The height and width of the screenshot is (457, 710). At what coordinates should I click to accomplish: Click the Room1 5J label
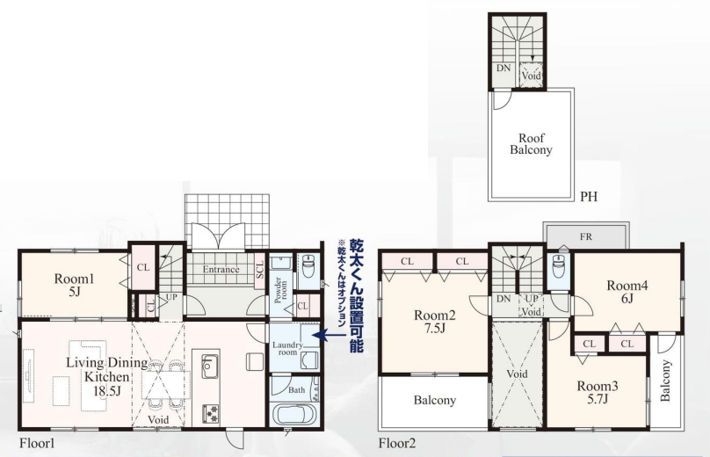(75, 285)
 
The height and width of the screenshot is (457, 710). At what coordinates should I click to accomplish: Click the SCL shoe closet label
(259, 270)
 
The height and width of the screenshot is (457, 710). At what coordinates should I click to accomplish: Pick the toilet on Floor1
(308, 266)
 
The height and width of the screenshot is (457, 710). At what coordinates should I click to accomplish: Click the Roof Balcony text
(531, 144)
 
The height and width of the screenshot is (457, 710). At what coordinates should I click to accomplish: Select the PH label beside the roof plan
(589, 197)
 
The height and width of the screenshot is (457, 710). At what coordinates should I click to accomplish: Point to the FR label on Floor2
(586, 236)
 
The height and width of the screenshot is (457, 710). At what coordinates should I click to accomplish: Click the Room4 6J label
(627, 292)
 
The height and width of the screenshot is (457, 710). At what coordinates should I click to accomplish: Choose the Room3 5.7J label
(598, 392)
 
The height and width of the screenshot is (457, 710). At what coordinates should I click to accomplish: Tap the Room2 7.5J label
(434, 321)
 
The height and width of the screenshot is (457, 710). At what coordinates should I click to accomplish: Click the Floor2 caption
(397, 443)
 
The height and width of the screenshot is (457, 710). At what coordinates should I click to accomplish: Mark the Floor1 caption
(37, 443)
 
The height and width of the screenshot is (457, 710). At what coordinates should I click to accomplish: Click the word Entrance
(221, 270)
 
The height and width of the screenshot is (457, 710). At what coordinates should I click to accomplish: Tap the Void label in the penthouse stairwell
(531, 76)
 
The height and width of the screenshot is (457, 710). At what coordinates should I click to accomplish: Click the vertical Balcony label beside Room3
(665, 381)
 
